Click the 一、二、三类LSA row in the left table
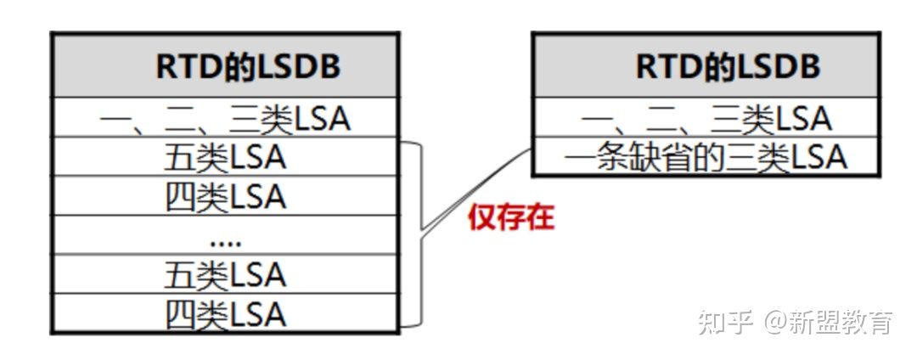tap(224, 119)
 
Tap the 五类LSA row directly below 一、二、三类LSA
tap(224, 158)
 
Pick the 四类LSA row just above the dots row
tap(224, 197)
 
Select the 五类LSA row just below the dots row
tap(224, 275)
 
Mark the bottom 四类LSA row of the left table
tap(224, 314)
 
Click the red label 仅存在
tap(511, 218)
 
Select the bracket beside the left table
tap(419, 233)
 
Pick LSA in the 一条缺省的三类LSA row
tap(819, 158)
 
